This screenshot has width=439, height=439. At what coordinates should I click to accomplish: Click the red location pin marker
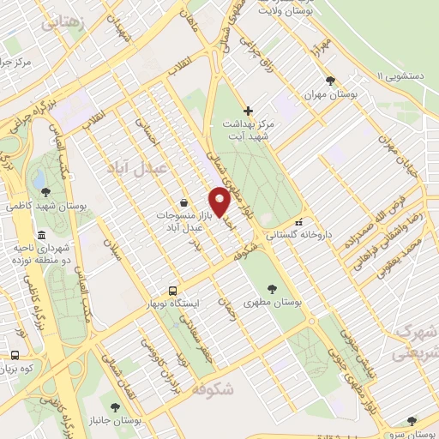(220, 202)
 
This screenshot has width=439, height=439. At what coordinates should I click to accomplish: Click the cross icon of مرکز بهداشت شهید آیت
(249, 111)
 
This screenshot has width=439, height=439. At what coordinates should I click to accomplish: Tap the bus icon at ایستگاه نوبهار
(172, 291)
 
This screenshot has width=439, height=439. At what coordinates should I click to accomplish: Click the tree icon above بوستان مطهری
(271, 289)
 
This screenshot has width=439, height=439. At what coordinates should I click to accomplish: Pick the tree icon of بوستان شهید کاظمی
(45, 192)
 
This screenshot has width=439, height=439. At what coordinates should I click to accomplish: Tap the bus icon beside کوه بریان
(14, 355)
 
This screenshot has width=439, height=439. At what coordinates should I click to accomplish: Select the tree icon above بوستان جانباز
(115, 407)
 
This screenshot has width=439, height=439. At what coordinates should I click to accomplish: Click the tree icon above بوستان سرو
(413, 420)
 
